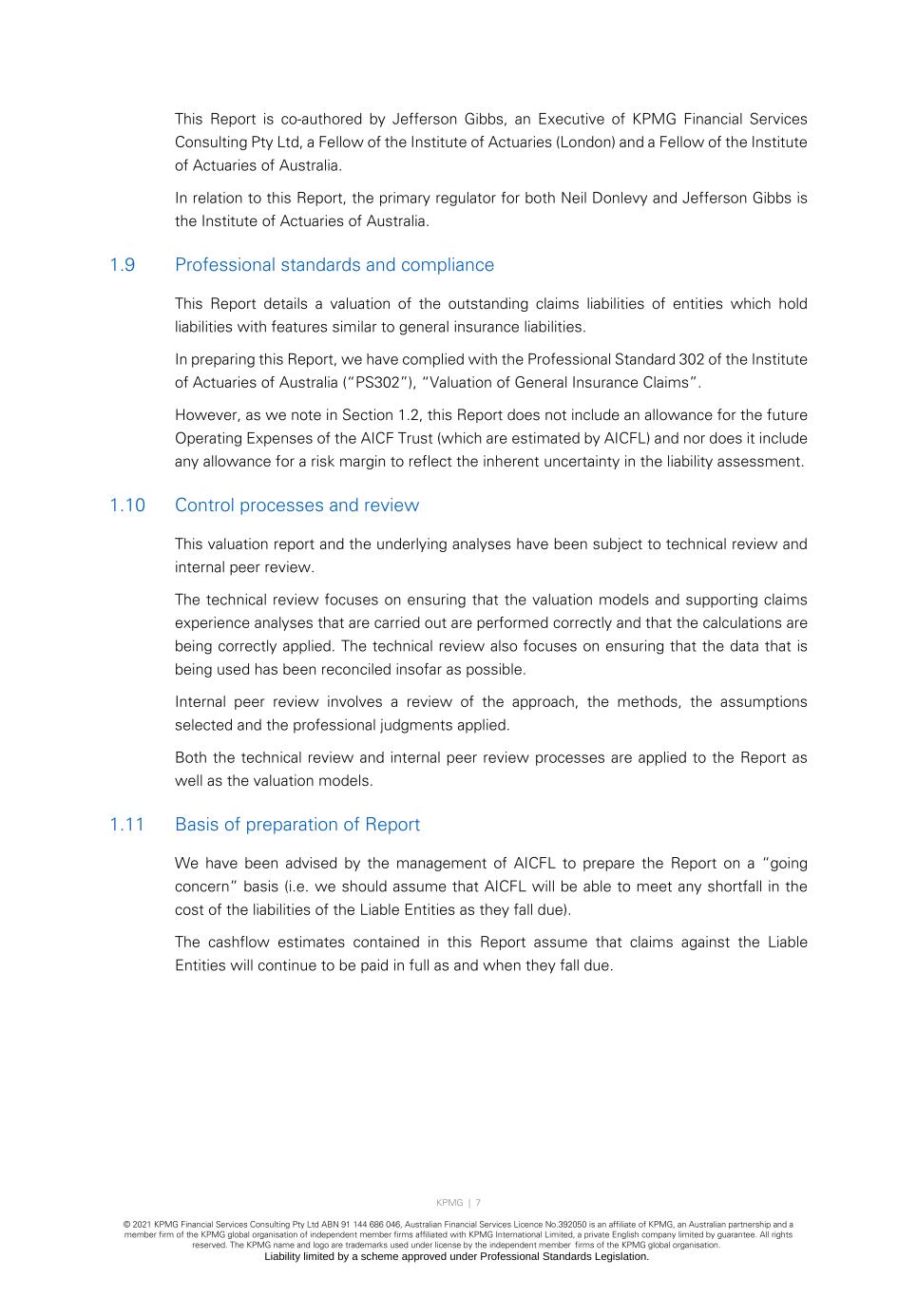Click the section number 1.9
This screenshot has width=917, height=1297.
click(x=123, y=265)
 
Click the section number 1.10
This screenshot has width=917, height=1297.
click(x=127, y=505)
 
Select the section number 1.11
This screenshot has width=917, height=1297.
click(x=127, y=825)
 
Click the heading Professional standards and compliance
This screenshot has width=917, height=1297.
click(x=334, y=265)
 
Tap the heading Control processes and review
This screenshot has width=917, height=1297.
click(x=296, y=505)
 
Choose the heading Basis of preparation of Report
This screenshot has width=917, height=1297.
click(x=297, y=825)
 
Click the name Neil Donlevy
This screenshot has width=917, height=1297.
click(x=604, y=199)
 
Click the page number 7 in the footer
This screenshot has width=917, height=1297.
click(x=478, y=1203)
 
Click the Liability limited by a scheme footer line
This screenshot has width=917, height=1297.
click(x=457, y=1257)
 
